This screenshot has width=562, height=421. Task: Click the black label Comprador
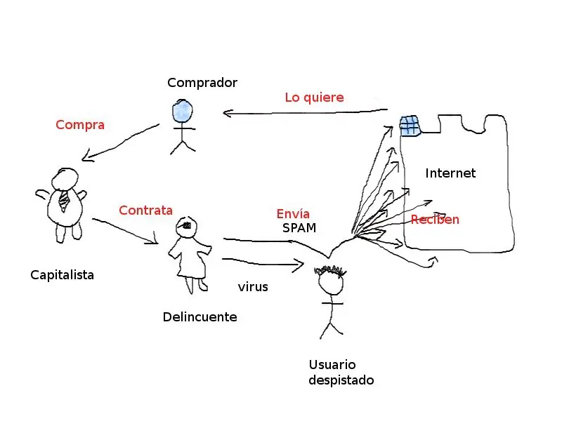point(202,83)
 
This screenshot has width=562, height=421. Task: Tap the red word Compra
point(80,125)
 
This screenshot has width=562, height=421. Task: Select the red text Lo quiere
point(314,98)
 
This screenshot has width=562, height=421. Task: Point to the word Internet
point(450,173)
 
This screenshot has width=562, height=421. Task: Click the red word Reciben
point(435,220)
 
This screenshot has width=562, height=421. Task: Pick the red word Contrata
point(145,210)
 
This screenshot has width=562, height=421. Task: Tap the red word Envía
point(293,213)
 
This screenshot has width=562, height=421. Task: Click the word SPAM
point(299,228)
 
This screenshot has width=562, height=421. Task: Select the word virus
point(253,287)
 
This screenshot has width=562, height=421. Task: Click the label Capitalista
point(62,274)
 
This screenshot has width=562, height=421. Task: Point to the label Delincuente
point(200,316)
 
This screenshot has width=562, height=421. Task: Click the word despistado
point(341,380)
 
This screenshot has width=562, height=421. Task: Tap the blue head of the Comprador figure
point(183,111)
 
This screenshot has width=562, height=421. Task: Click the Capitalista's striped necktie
point(64,200)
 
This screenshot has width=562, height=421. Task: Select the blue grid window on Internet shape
point(410,126)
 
